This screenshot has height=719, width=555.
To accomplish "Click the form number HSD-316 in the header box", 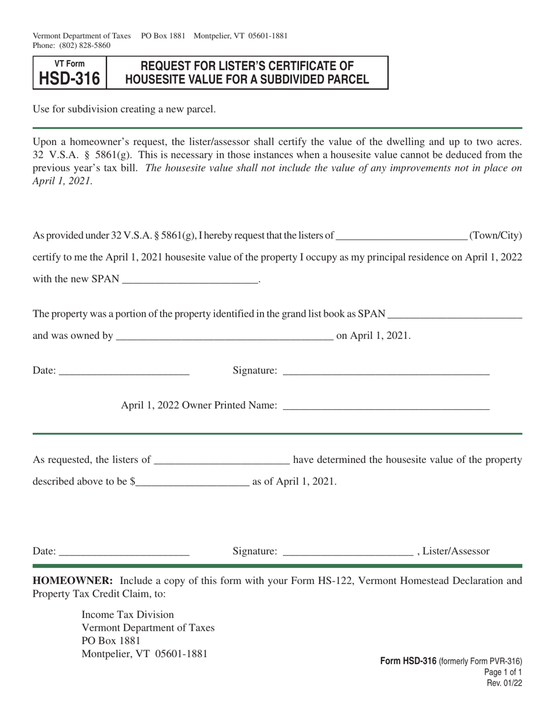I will pyautogui.click(x=69, y=78).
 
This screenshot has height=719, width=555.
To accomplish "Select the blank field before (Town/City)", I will pyautogui.click(x=402, y=236).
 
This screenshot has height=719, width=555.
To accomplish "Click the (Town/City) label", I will pyautogui.click(x=495, y=236).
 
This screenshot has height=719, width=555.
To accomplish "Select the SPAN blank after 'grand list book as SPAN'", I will pyautogui.click(x=455, y=314).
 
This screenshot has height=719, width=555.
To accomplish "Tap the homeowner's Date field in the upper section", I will pyautogui.click(x=124, y=370).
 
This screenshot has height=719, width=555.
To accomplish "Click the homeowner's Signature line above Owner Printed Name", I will pyautogui.click(x=386, y=370).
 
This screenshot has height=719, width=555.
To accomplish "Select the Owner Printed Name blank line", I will pyautogui.click(x=386, y=405).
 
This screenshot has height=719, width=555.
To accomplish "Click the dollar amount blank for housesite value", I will pyautogui.click(x=192, y=482).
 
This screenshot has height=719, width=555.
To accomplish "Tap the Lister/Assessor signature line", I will pyautogui.click(x=348, y=551).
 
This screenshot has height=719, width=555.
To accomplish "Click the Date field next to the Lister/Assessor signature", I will pyautogui.click(x=124, y=551).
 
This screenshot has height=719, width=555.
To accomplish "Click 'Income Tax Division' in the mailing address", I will pyautogui.click(x=127, y=614).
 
